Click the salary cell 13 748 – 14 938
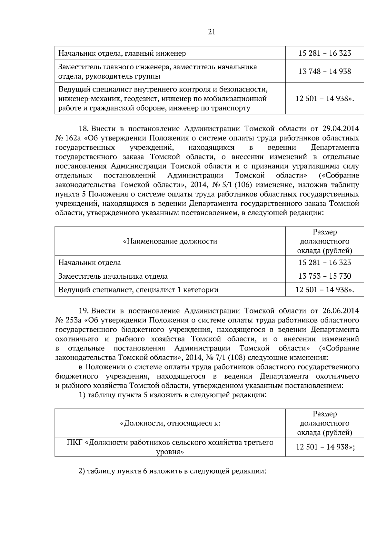coord(324,72)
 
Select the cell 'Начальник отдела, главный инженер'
coord(122,53)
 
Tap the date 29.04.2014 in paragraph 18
coord(341,129)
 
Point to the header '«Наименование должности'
coord(170,241)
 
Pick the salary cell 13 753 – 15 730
coord(324,276)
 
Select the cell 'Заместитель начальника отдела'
coord(113,276)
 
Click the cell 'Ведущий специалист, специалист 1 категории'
coord(138,290)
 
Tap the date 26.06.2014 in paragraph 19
coord(341,311)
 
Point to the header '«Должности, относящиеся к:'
coord(170,423)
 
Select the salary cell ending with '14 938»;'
coord(325,447)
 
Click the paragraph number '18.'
coord(84,129)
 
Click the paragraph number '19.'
coord(84,311)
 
